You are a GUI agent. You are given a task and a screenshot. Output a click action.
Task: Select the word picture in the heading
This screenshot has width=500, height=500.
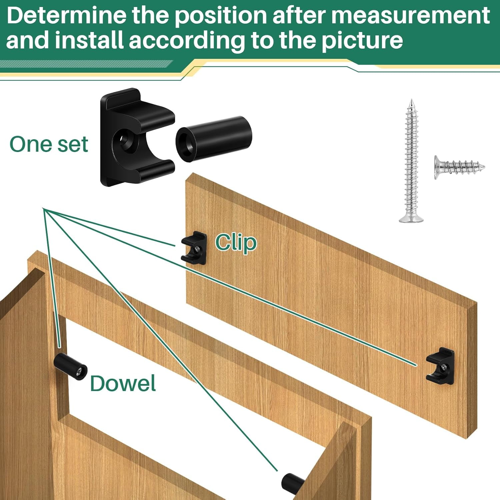362,41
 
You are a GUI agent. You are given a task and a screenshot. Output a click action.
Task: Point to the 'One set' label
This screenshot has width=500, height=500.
49,144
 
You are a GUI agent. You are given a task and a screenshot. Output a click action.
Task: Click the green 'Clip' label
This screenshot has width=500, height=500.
236,242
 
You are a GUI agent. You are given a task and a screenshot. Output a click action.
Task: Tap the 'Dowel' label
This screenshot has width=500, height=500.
123,383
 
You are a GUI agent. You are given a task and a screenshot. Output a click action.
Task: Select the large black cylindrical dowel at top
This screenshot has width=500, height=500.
214,138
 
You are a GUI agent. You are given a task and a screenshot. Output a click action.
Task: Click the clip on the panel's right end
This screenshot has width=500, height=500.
440,366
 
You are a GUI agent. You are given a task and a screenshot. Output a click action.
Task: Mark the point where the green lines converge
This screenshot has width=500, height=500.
43,209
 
